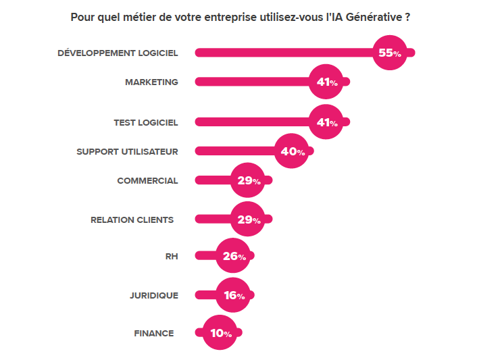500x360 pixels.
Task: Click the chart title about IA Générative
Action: click(241, 17)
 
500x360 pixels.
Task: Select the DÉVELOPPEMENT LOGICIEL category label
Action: click(118, 53)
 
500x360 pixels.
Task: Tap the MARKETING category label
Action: click(151, 82)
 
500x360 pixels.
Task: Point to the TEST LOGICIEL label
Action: click(146, 122)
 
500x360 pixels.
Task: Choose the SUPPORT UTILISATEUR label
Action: click(127, 152)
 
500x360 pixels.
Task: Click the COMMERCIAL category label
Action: click(147, 181)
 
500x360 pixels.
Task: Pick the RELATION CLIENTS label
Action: click(132, 220)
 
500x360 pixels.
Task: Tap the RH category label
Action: click(171, 256)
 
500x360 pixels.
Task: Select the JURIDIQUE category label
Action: click(153, 295)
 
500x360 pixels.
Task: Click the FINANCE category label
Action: click(153, 333)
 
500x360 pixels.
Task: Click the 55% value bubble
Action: click(390, 53)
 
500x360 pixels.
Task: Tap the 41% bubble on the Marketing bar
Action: click(326, 82)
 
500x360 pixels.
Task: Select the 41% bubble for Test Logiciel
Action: click(326, 122)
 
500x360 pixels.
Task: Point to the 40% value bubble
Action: click(292, 152)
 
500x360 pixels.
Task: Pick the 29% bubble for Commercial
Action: click(248, 181)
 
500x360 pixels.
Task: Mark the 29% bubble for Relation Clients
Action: click(248, 220)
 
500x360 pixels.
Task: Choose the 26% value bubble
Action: click(233, 257)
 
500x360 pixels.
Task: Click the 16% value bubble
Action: click(233, 295)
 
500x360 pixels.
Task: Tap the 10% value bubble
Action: click(220, 333)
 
